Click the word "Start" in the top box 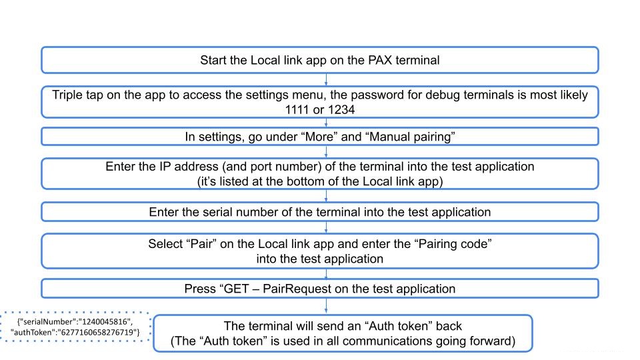click(215, 60)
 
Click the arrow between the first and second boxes click(325, 79)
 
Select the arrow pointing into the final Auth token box click(325, 307)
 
